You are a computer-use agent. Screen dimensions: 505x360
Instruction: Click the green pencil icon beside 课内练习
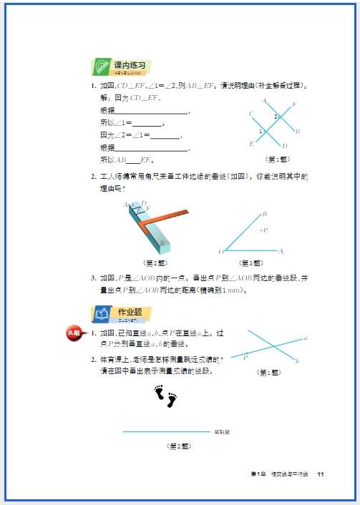pyautogui.click(x=99, y=67)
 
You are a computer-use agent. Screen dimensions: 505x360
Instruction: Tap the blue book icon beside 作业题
pyautogui.click(x=101, y=313)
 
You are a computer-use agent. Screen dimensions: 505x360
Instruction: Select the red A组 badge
pyautogui.click(x=74, y=333)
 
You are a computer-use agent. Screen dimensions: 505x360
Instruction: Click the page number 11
pyautogui.click(x=321, y=475)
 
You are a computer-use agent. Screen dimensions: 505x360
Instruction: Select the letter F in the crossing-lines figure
pyautogui.click(x=294, y=104)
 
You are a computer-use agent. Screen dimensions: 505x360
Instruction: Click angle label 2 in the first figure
pyautogui.click(x=276, y=116)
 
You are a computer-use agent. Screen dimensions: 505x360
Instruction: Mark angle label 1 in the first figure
pyautogui.click(x=261, y=131)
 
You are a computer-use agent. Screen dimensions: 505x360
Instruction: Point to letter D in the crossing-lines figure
pyautogui.click(x=285, y=146)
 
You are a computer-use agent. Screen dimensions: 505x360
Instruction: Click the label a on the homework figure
pyautogui.click(x=306, y=338)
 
